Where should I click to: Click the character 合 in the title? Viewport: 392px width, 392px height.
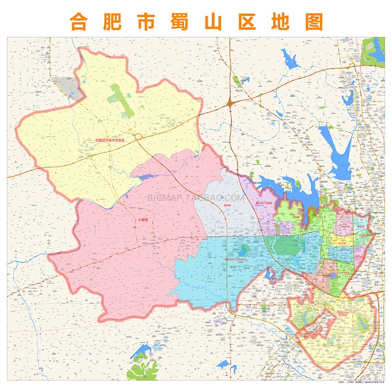pos(80,21)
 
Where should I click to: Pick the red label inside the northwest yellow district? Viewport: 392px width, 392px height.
pos(110,141)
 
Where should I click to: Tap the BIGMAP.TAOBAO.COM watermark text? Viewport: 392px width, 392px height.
pos(196,198)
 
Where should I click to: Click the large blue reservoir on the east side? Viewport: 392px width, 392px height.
pos(338,147)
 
